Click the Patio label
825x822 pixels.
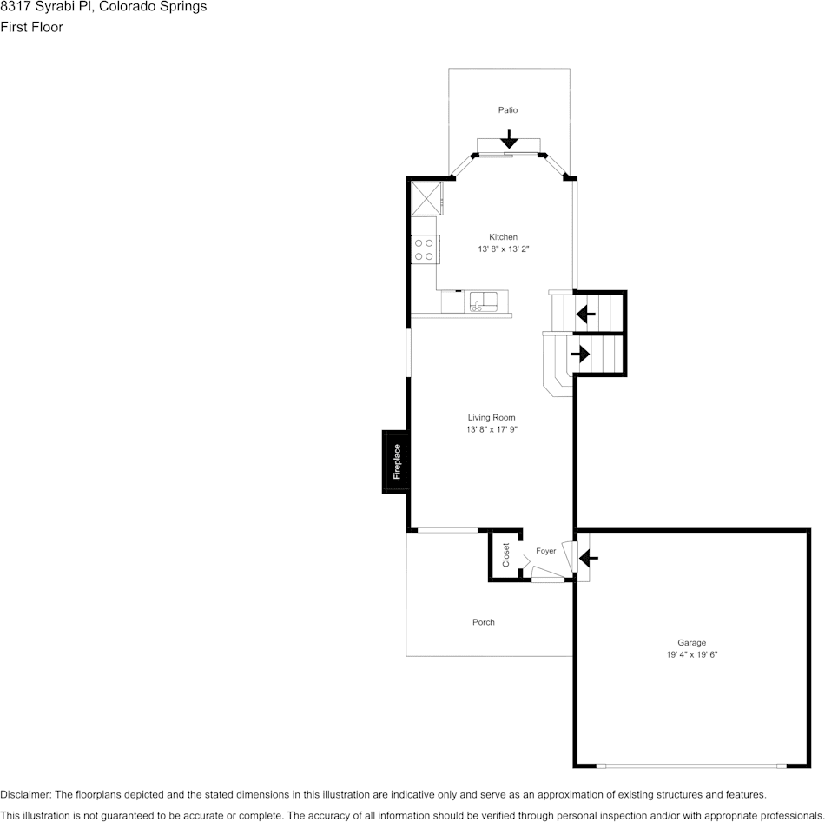pos(508,110)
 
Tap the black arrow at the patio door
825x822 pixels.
pos(509,139)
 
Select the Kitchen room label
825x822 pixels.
pos(503,237)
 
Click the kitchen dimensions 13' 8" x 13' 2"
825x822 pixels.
pos(503,249)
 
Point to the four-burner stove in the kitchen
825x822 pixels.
pos(425,250)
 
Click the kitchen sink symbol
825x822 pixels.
pos(482,302)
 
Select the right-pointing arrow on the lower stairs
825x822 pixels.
pos(579,355)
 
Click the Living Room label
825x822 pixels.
pos(492,418)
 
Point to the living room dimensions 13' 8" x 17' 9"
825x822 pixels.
pos(492,430)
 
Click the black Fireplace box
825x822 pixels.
pos(396,461)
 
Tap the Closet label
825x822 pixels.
pos(506,555)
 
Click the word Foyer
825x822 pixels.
pos(545,551)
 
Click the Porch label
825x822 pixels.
pos(484,622)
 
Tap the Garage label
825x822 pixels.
pos(691,643)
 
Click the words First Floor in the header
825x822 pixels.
pos(31,27)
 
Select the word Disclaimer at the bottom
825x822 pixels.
pos(25,794)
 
